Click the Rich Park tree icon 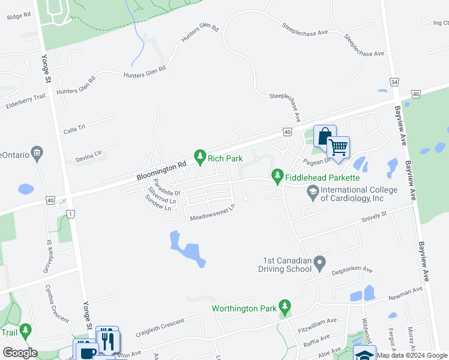200,158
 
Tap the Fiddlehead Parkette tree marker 277,176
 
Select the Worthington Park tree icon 285,308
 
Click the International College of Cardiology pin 312,193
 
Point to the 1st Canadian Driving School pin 319,263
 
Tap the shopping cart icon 339,147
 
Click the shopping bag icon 324,136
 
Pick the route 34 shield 394,82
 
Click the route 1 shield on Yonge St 71,214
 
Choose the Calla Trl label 75,129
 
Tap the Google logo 20,353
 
